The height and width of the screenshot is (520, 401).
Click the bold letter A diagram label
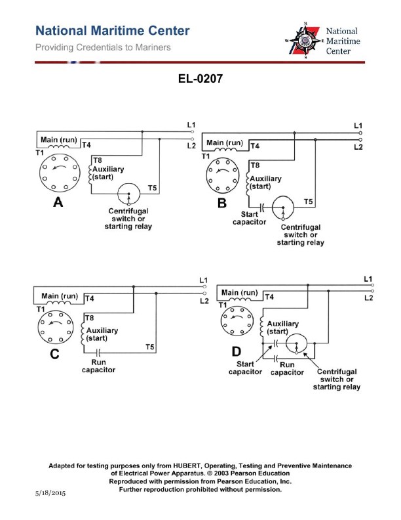click(x=58, y=203)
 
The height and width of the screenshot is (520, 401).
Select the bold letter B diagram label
click(x=222, y=204)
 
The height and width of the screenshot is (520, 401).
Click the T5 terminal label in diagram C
click(x=149, y=347)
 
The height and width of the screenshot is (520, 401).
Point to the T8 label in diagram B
click(x=255, y=165)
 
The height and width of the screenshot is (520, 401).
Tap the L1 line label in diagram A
click(x=191, y=125)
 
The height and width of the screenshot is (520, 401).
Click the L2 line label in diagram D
click(x=368, y=298)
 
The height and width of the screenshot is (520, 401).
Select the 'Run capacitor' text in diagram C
click(x=98, y=366)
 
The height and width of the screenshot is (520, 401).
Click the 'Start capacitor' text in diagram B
click(x=249, y=218)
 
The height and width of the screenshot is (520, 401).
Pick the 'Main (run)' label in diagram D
click(x=239, y=293)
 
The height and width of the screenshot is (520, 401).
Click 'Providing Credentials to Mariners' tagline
click(x=103, y=47)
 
